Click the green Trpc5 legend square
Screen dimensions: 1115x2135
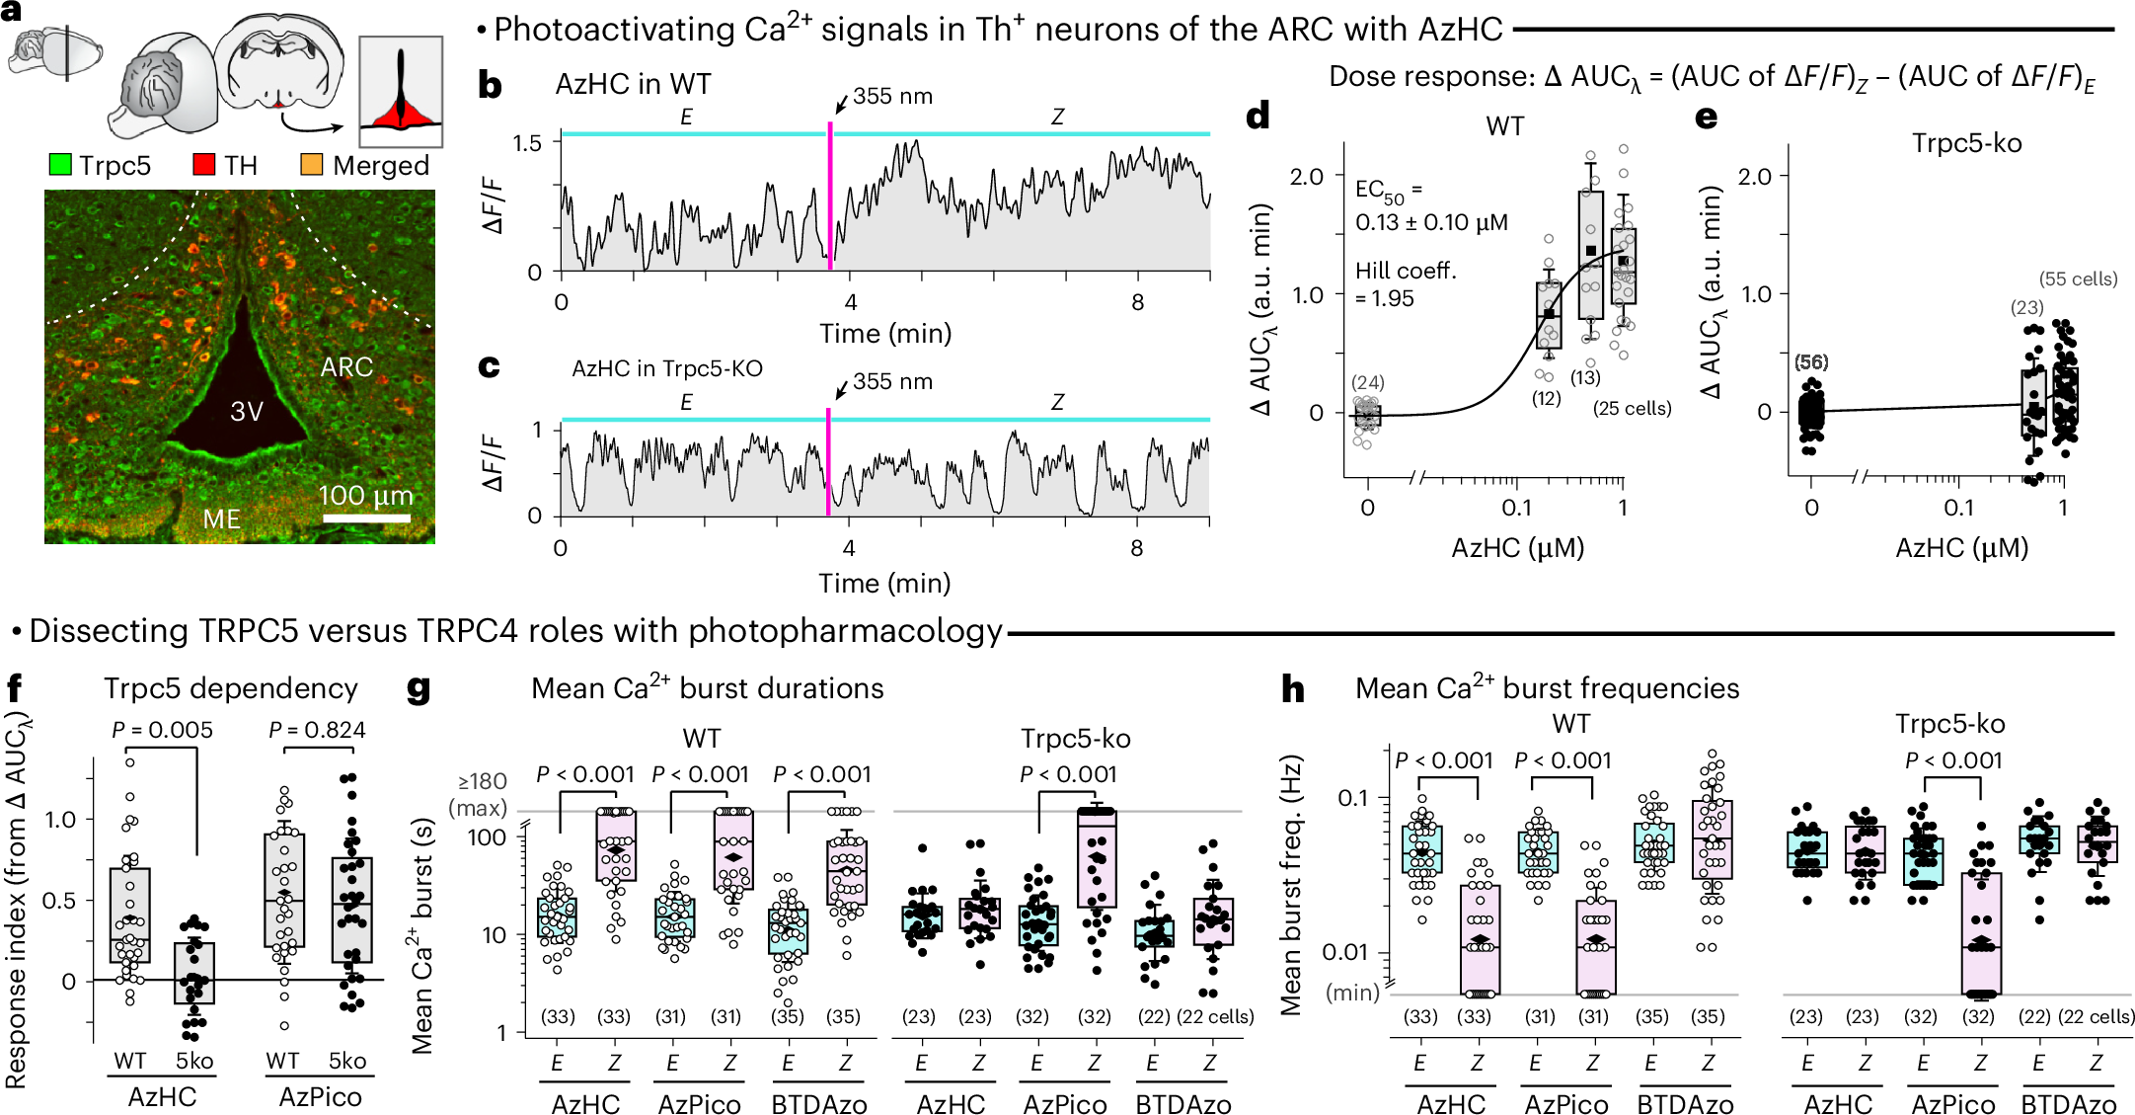point(60,165)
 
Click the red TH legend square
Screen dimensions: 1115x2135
point(203,165)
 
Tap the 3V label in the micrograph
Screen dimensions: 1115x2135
point(247,411)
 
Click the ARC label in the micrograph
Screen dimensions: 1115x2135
point(346,367)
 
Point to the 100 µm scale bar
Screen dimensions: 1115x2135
point(366,518)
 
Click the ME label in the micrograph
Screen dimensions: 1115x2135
point(221,519)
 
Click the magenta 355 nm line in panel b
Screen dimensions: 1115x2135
point(830,198)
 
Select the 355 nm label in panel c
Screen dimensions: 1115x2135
point(892,381)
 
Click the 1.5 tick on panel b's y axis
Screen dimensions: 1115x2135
point(527,143)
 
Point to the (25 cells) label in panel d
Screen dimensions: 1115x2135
point(1632,408)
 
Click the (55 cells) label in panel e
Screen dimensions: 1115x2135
point(2078,279)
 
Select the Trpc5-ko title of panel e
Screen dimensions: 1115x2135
point(1966,143)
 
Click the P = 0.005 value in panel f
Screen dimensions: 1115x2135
point(162,730)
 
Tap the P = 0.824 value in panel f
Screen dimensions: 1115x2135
point(317,730)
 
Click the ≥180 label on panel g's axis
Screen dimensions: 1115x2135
point(482,782)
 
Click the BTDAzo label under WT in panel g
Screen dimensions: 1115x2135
point(818,1104)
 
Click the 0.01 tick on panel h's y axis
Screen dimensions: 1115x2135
point(1344,952)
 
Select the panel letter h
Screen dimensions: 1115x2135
point(1292,688)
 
